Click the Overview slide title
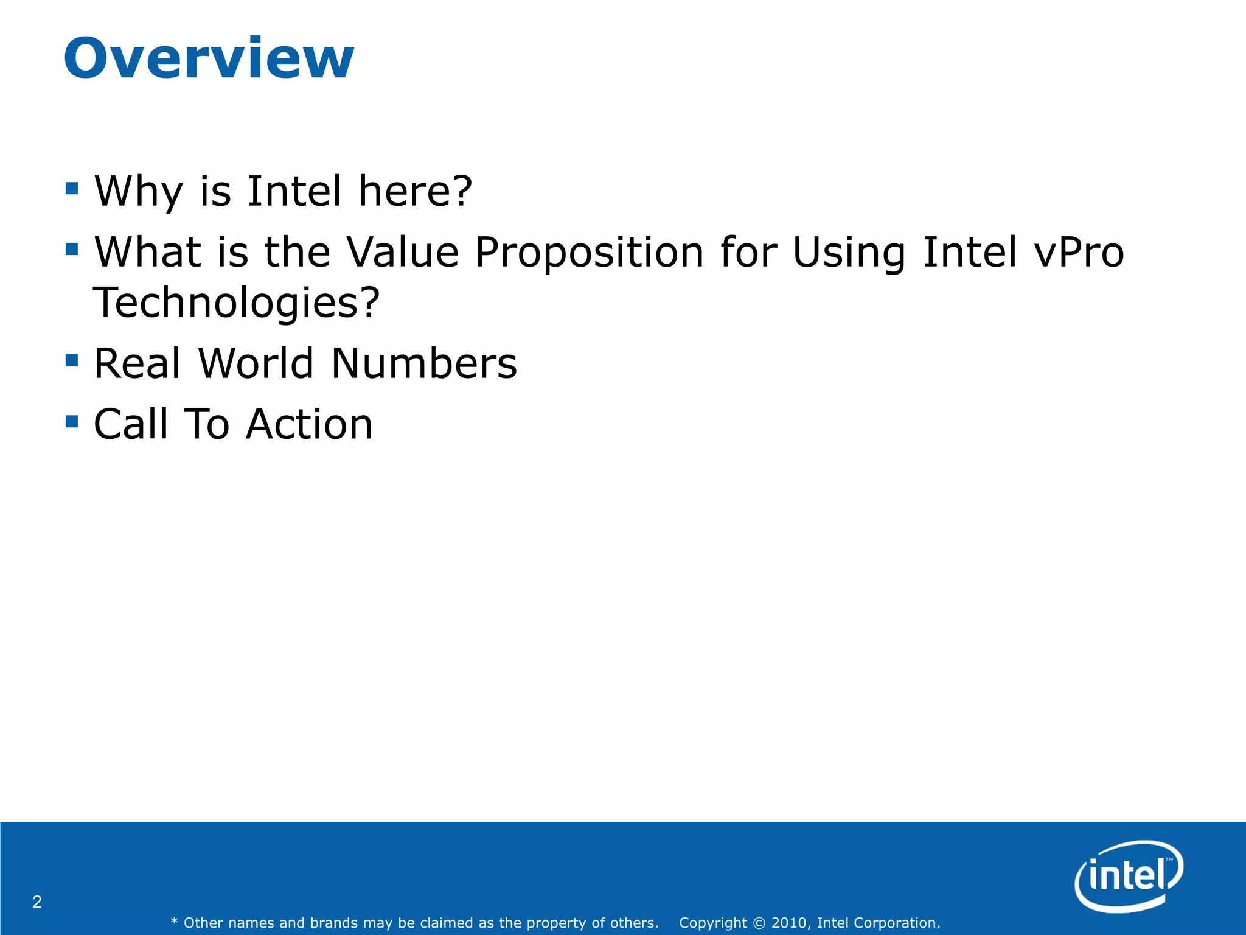209,58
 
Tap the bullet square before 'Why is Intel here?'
72,188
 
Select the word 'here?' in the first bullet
416,191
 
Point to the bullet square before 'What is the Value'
72,249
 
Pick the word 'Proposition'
589,252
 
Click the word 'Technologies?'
237,303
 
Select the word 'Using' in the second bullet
849,252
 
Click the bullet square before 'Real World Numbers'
72,360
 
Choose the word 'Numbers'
423,363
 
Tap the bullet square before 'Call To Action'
72,421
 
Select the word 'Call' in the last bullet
130,424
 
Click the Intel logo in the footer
1129,876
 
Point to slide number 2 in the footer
37,902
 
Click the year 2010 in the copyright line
789,923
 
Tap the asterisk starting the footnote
174,922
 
